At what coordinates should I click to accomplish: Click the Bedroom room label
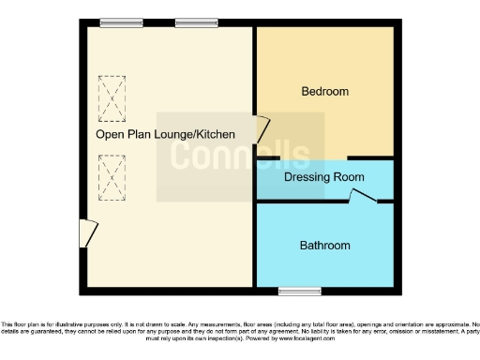pos(324,91)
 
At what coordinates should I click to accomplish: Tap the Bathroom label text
pos(324,246)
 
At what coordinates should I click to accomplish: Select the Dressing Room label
pos(323,176)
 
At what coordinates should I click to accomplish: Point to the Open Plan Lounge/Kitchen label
pos(165,135)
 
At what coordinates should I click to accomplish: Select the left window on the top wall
pos(116,23)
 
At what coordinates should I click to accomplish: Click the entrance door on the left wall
pos(86,233)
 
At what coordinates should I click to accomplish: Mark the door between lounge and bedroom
pos(262,127)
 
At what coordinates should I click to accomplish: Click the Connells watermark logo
pos(239,156)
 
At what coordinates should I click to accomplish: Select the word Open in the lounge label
pos(109,135)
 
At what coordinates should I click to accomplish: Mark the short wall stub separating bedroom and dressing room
pos(376,157)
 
